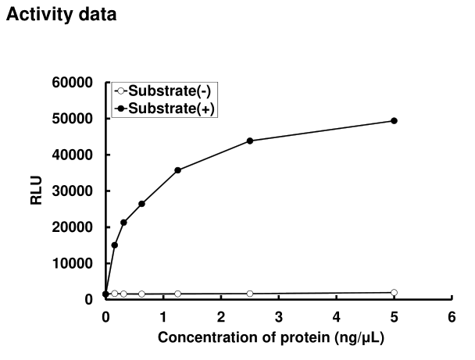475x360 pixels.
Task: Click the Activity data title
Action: pyautogui.click(x=62, y=15)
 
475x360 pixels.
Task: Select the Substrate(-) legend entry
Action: pyautogui.click(x=161, y=91)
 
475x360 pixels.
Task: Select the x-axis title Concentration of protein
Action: pyautogui.click(x=270, y=337)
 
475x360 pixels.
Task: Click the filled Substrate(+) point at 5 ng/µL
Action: pyautogui.click(x=394, y=120)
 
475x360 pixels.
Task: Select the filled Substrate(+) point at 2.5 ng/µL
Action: pyautogui.click(x=250, y=141)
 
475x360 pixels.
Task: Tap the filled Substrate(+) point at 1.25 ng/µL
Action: pyautogui.click(x=177, y=170)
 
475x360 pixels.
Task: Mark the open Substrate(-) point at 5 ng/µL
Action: pyautogui.click(x=394, y=293)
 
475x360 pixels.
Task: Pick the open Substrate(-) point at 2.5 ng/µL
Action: pyautogui.click(x=250, y=294)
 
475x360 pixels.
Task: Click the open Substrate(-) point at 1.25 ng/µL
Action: pyautogui.click(x=177, y=294)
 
